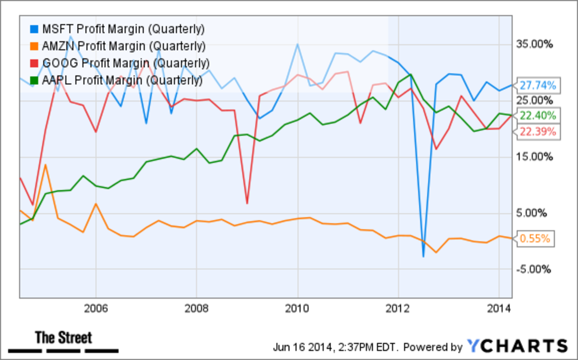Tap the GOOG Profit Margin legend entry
click(120, 63)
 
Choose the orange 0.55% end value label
click(537, 238)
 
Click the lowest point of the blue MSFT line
click(423, 256)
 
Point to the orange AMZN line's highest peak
click(45, 165)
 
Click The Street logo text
click(64, 338)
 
